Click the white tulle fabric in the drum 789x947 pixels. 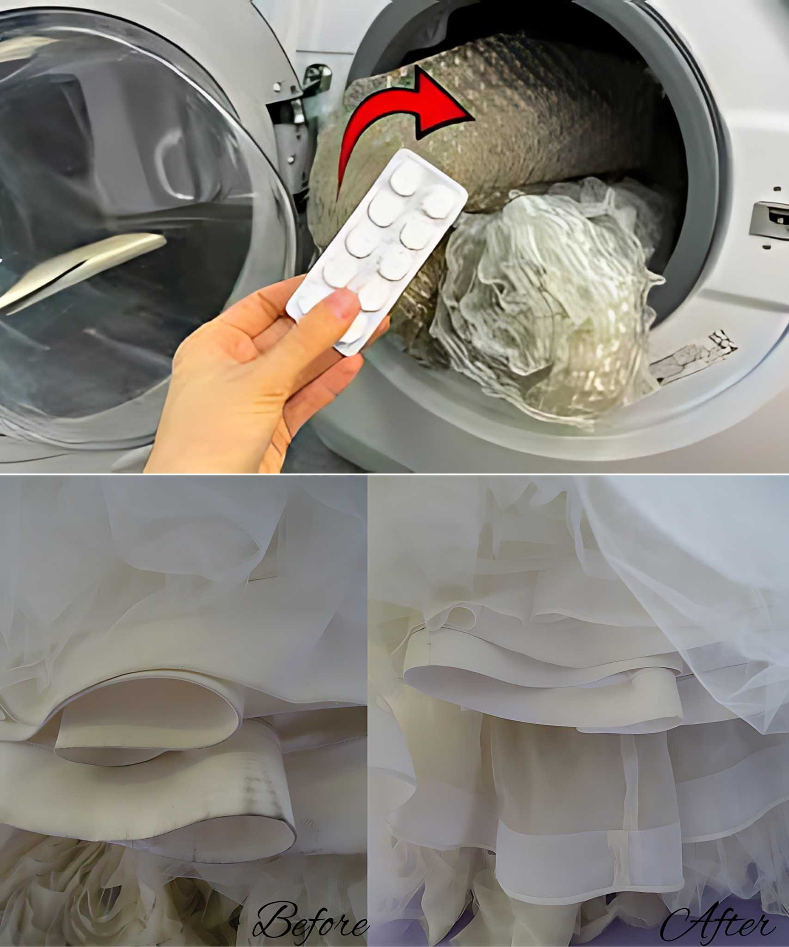coord(545,296)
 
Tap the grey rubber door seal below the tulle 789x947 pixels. coord(462,425)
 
